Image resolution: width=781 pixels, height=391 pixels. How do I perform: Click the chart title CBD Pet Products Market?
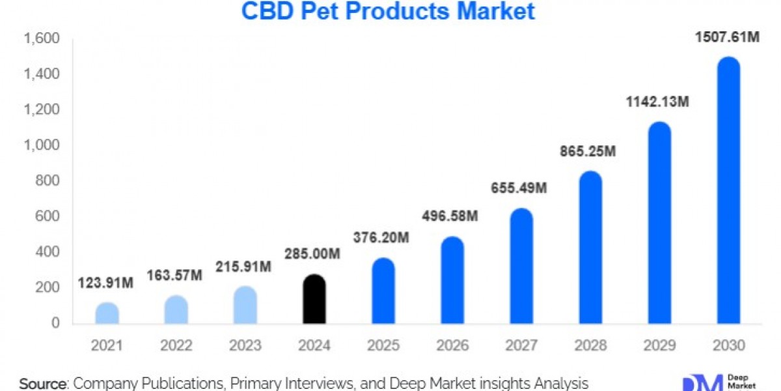click(388, 12)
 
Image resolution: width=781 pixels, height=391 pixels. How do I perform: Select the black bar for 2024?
click(314, 300)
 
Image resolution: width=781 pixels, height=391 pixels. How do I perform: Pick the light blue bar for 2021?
click(107, 313)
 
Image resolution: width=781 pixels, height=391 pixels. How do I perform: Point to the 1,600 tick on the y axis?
click(42, 40)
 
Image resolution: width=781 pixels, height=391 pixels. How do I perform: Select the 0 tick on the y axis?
click(56, 323)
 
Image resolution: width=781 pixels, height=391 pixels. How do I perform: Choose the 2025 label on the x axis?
click(383, 346)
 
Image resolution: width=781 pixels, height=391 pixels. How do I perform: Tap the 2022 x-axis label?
click(176, 346)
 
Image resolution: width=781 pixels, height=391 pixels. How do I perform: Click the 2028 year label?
click(590, 346)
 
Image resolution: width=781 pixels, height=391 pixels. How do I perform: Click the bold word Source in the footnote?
click(43, 383)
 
